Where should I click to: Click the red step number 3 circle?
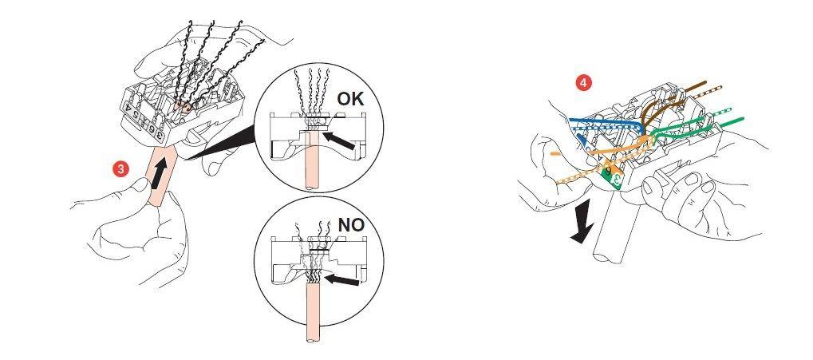click(120, 168)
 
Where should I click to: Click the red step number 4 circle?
click(584, 83)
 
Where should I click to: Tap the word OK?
click(350, 98)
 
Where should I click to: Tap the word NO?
click(351, 224)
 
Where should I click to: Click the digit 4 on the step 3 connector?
click(128, 108)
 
